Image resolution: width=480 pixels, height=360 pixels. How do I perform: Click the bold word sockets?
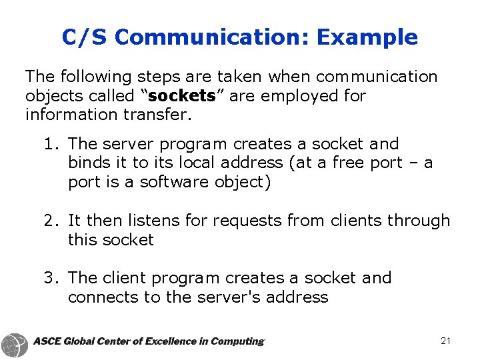point(179,95)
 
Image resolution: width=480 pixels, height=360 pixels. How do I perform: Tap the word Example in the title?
point(367,37)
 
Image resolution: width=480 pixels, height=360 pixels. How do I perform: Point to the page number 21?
point(446,341)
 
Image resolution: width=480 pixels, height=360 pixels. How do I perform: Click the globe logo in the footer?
point(15,343)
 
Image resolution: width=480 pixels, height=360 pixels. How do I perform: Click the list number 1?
point(49,144)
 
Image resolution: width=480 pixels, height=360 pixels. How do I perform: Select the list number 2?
point(49,221)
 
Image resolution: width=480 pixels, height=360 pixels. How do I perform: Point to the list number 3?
point(49,278)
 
